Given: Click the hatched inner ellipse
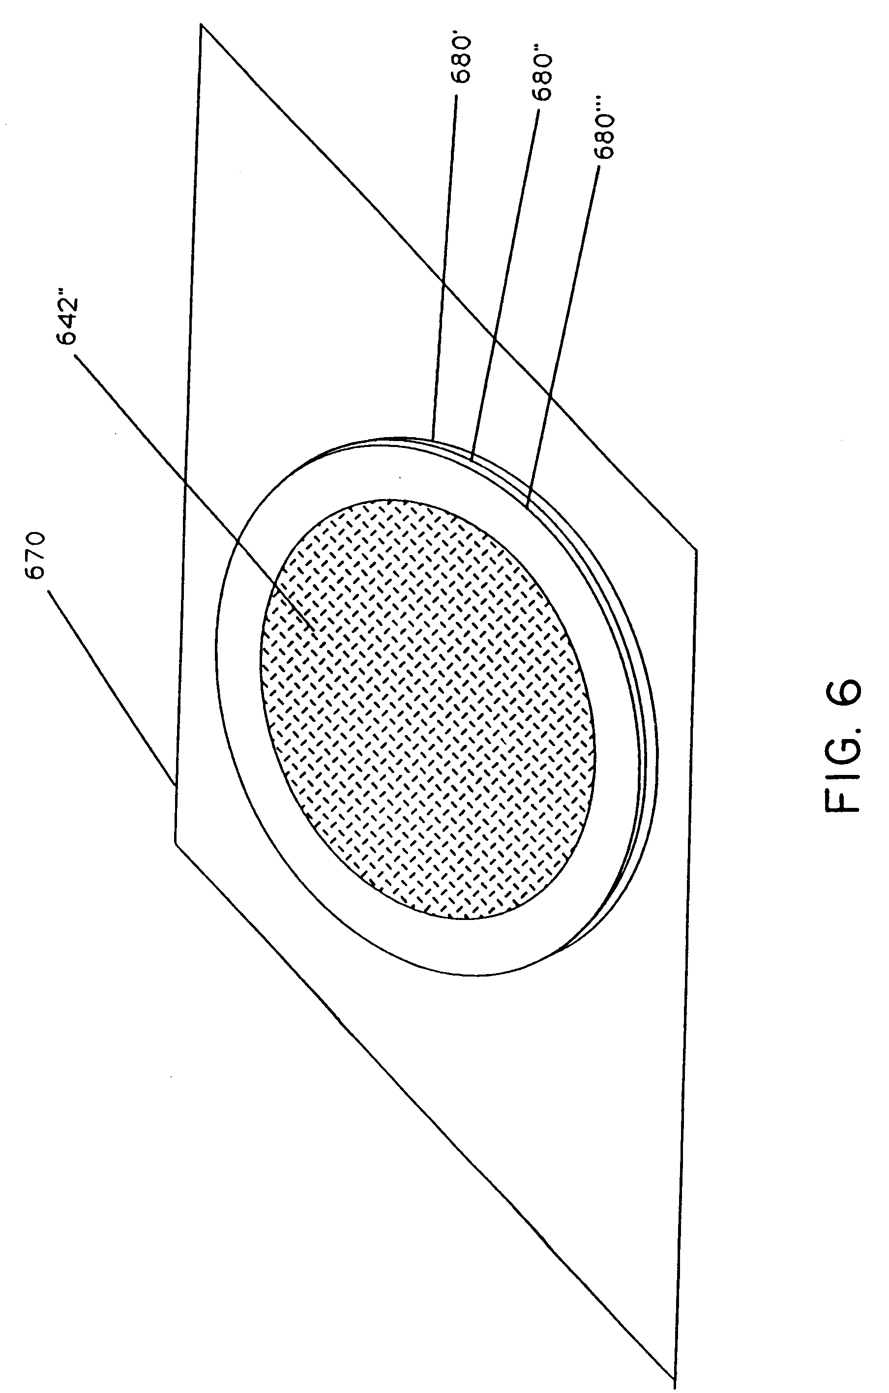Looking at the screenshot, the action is (428, 711).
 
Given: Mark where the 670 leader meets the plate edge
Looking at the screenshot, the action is (174, 785).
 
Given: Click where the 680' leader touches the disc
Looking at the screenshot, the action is (432, 438).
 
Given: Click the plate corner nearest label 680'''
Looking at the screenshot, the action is (696, 550).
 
